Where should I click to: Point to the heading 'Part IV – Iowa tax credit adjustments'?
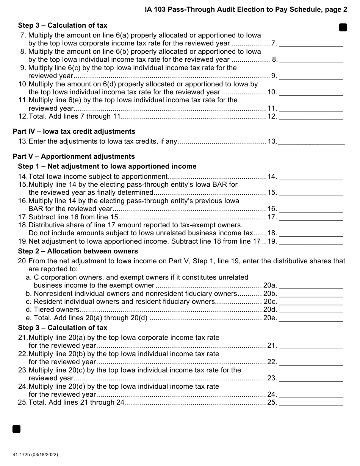tap(74, 131)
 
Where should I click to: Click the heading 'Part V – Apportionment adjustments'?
tap(74, 156)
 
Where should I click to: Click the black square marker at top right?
tap(343, 27)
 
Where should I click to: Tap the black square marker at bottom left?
tap(16, 429)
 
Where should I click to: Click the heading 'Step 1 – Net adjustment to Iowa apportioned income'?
tap(107, 166)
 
